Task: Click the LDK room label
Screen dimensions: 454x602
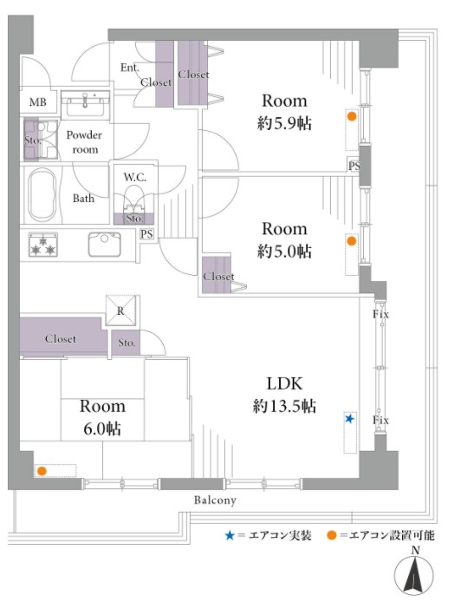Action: [x=284, y=383]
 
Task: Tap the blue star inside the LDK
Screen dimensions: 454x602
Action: [x=349, y=418]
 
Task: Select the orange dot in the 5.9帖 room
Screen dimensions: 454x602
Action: [x=352, y=116]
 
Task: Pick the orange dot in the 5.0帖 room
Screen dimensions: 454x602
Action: [x=351, y=241]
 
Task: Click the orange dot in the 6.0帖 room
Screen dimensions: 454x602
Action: [x=42, y=471]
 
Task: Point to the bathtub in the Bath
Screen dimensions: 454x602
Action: [x=42, y=195]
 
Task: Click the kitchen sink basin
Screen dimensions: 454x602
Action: [x=104, y=244]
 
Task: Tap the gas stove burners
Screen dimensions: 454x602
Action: [x=43, y=244]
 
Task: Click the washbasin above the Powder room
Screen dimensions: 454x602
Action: [x=85, y=104]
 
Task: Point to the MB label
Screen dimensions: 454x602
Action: [x=37, y=102]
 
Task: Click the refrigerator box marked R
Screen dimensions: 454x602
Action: [x=120, y=311]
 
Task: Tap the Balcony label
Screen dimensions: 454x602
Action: [x=215, y=501]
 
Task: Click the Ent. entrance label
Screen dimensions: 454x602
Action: [x=130, y=68]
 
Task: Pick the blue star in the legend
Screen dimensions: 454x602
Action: [x=230, y=535]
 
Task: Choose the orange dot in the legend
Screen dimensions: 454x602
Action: [x=332, y=535]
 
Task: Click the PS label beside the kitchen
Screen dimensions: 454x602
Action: [x=146, y=234]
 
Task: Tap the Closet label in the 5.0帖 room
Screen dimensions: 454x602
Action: [x=218, y=277]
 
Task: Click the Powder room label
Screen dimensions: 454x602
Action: [x=84, y=142]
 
